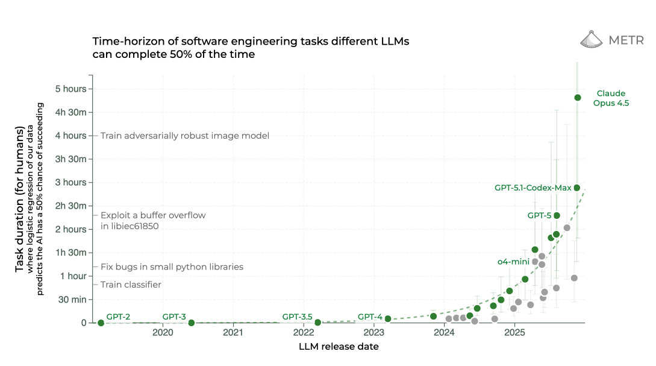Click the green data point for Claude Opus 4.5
[x=578, y=98]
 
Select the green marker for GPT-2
[x=101, y=323]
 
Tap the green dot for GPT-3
[x=192, y=323]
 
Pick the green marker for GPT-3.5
[x=317, y=323]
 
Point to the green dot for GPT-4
[x=388, y=318]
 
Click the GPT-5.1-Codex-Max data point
[x=576, y=188]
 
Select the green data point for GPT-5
[x=557, y=215]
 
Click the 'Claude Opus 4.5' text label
[x=611, y=98]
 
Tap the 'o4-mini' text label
[x=513, y=262]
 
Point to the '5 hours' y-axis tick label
[x=71, y=89]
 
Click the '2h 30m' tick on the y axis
[x=71, y=206]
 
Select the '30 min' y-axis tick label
[x=72, y=299]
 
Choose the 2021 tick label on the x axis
[x=233, y=333]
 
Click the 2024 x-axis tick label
[x=444, y=333]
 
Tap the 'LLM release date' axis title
[x=339, y=347]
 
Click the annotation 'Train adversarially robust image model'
[x=184, y=136]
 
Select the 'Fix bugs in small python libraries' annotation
[x=172, y=267]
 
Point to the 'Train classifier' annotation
[x=131, y=285]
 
